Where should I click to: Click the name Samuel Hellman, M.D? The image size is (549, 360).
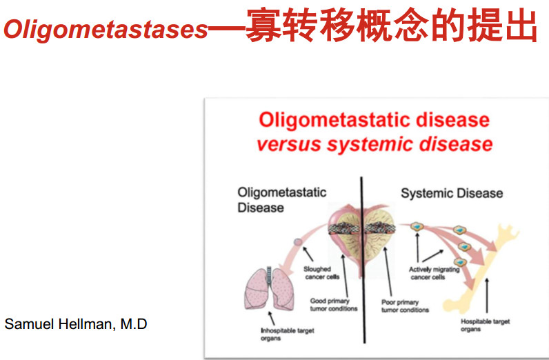click(x=76, y=324)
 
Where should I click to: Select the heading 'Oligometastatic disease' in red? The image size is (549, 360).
click(x=374, y=120)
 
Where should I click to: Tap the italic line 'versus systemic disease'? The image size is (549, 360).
click(x=375, y=144)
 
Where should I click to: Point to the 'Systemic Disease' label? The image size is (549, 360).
click(x=452, y=193)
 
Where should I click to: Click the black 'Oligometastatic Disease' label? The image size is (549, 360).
click(x=282, y=200)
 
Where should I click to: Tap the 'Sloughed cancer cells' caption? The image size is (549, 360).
click(x=321, y=273)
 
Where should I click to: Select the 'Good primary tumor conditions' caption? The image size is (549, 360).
click(x=334, y=305)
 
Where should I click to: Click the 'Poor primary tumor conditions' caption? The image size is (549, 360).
click(x=405, y=306)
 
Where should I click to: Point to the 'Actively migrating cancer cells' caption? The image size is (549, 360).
click(x=434, y=273)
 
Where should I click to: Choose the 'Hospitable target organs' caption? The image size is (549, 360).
click(x=486, y=325)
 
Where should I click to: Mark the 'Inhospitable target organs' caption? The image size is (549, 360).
click(x=288, y=334)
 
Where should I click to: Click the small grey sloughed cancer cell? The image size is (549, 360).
click(x=298, y=241)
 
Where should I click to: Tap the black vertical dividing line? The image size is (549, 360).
click(x=363, y=260)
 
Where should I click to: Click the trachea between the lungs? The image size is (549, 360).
click(x=269, y=274)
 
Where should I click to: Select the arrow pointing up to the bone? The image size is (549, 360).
click(x=487, y=296)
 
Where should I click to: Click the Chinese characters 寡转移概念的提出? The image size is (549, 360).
click(x=392, y=26)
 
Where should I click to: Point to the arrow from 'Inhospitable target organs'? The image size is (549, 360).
click(x=271, y=319)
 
